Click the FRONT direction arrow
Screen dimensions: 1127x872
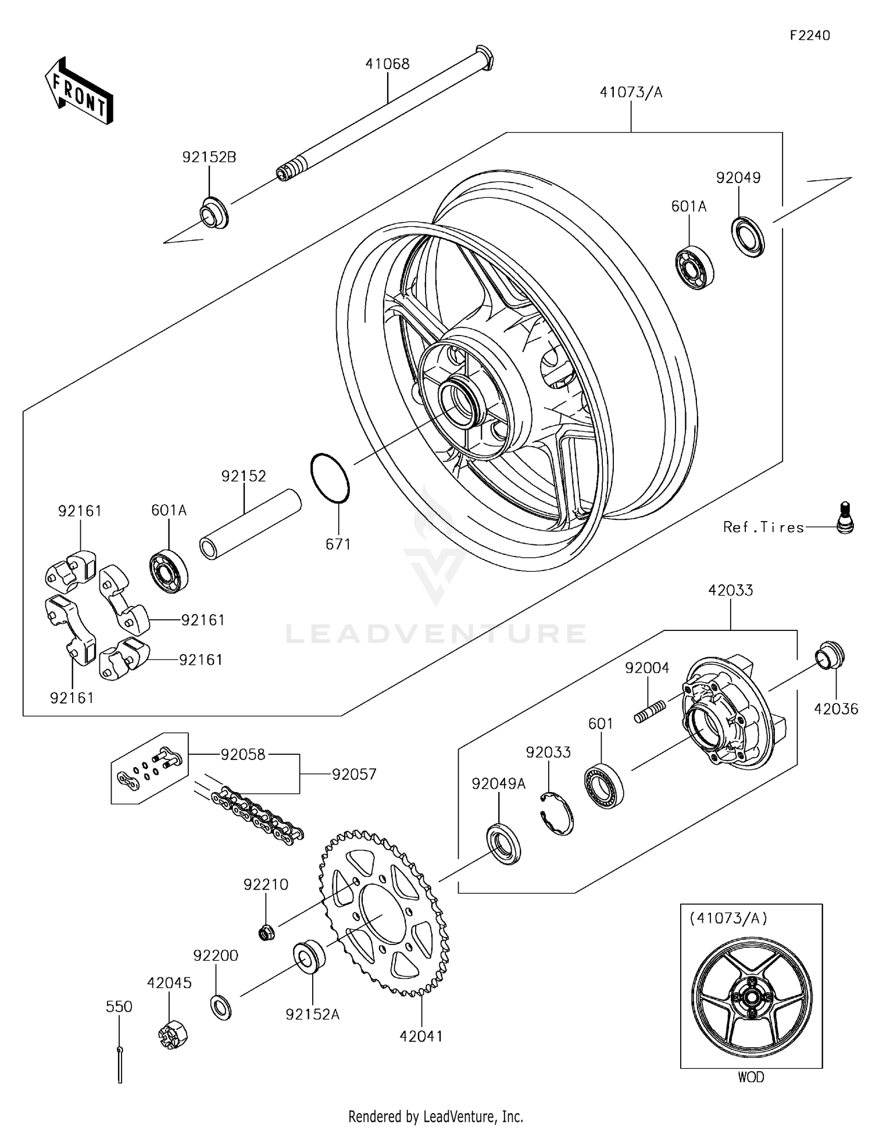click(78, 91)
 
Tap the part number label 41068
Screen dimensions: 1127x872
click(387, 64)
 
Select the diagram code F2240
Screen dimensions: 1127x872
click(810, 35)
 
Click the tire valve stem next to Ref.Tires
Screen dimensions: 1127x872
click(845, 517)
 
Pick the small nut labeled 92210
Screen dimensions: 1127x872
click(266, 933)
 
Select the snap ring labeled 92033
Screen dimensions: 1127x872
click(557, 814)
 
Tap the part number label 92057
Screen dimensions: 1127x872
click(354, 774)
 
